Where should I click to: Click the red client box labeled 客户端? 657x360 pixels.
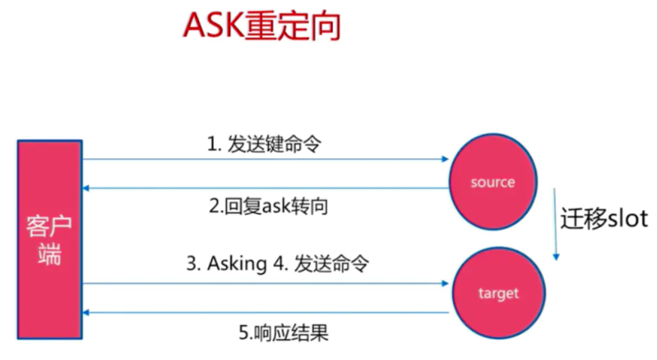point(49,239)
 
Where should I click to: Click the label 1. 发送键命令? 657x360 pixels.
point(264,145)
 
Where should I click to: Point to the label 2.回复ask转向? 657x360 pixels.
point(269,207)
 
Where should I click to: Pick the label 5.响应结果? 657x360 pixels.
point(284,332)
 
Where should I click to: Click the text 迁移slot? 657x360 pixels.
point(604,219)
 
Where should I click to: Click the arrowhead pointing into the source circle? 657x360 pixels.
point(445,159)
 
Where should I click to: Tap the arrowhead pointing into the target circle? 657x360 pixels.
point(445,283)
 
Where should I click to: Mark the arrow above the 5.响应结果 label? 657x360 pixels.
point(266,313)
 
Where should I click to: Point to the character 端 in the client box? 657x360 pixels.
point(49,254)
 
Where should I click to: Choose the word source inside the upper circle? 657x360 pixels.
point(492,182)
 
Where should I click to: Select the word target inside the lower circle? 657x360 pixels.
point(498,293)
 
